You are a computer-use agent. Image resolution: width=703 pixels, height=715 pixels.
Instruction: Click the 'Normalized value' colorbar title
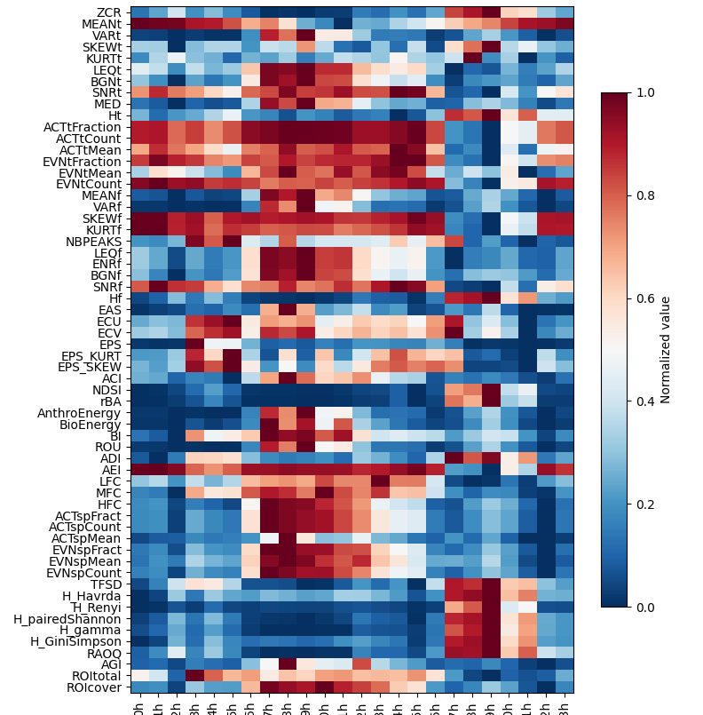666,350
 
